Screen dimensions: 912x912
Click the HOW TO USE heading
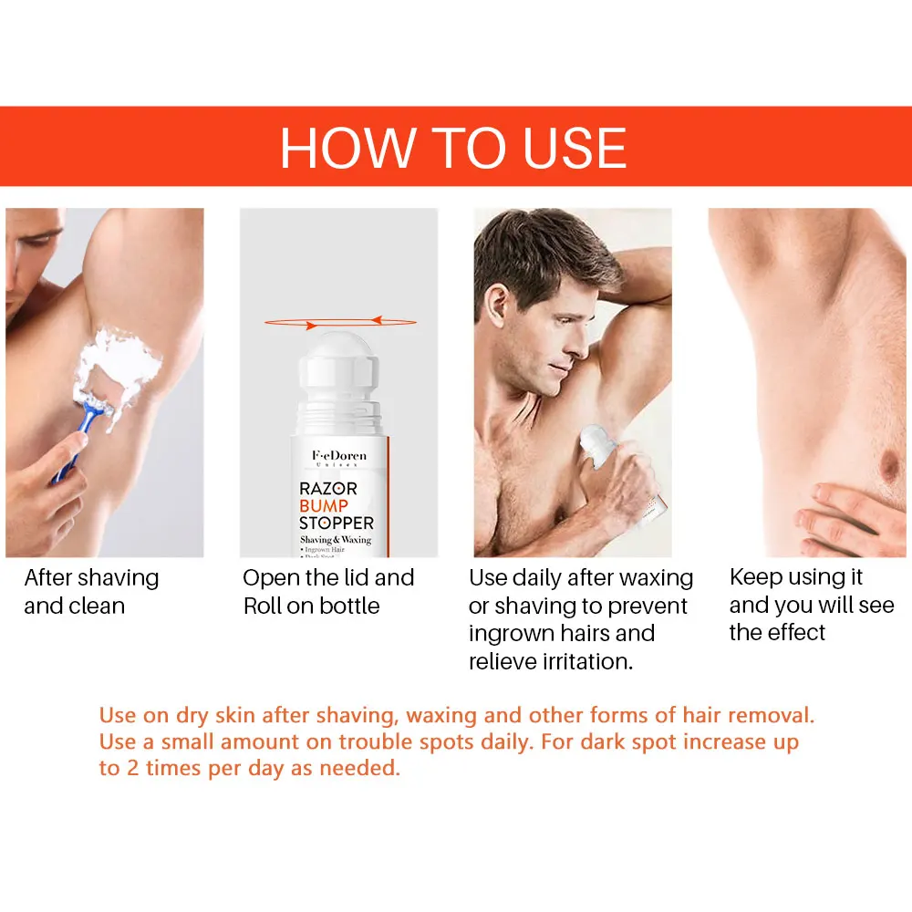coord(453,147)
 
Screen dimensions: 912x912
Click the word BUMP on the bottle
coord(324,506)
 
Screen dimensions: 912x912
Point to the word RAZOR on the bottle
coord(328,489)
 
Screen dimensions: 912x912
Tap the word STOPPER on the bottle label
coord(337,523)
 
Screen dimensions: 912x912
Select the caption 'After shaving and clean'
coord(91,591)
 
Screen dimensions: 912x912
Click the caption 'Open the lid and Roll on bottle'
coord(328,591)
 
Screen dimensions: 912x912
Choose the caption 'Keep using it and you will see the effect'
coord(811,605)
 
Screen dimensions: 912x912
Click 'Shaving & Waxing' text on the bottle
coord(336,540)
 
